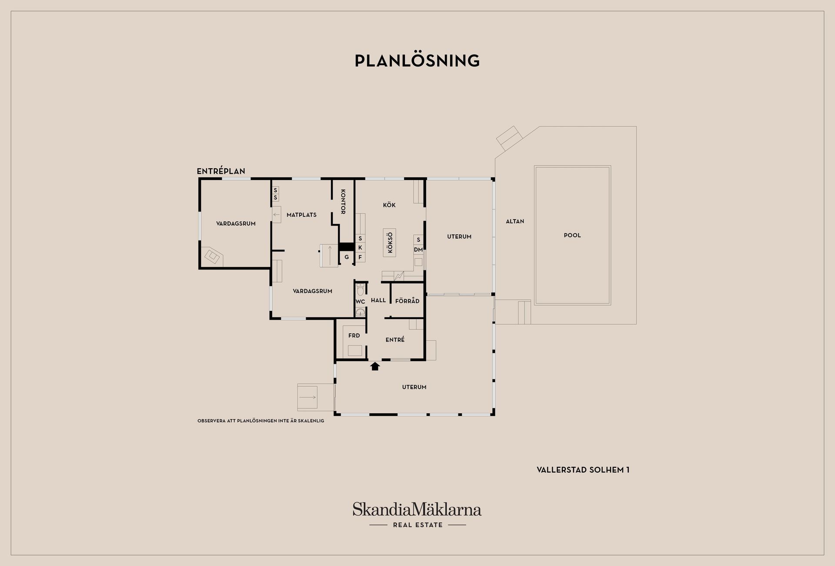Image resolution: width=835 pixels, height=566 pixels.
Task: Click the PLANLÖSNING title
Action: click(417, 61)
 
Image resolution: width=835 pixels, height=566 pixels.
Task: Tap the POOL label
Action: click(572, 235)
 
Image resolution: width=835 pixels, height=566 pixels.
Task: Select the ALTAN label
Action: click(515, 221)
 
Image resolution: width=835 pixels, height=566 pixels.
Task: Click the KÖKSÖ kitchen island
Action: click(390, 243)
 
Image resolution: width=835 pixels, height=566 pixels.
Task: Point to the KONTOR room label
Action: click(343, 202)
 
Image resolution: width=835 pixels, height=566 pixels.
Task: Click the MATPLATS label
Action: click(301, 215)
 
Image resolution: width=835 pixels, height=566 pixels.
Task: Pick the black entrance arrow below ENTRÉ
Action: click(375, 366)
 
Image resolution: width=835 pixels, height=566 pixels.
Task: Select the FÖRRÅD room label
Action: click(407, 300)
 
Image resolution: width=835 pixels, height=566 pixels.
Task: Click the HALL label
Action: click(378, 300)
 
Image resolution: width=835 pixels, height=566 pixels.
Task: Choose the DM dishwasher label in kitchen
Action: click(418, 250)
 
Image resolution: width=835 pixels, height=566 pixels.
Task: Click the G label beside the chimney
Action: click(347, 257)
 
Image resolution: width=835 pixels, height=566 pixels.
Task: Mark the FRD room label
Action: click(354, 336)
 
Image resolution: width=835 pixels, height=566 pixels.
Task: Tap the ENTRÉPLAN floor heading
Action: click(221, 171)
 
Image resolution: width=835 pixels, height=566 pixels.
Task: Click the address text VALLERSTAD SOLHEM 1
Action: click(583, 470)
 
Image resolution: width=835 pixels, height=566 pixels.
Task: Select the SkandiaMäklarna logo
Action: click(417, 509)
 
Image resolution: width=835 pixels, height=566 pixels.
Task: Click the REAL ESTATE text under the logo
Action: click(418, 525)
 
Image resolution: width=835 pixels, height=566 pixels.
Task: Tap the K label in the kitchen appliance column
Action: click(360, 247)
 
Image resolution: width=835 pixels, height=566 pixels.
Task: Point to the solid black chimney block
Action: click(347, 246)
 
